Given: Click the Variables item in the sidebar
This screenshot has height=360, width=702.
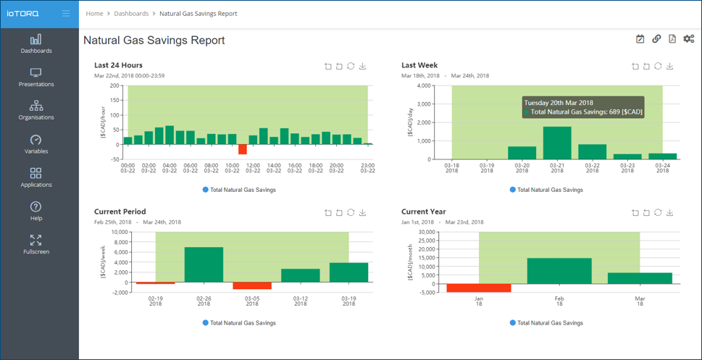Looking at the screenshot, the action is [x=35, y=144].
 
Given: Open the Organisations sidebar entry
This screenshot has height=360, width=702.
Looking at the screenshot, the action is [x=35, y=111].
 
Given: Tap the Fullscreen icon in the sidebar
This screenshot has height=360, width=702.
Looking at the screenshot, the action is [x=35, y=240].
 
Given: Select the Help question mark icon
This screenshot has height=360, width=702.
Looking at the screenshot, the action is [x=35, y=206].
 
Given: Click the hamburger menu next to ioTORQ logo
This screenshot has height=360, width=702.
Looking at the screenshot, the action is [x=66, y=14].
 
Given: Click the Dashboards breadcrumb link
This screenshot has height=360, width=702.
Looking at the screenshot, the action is [x=131, y=14].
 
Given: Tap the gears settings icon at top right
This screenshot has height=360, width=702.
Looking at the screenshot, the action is [x=688, y=39].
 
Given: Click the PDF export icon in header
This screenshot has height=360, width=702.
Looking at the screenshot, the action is [x=672, y=39].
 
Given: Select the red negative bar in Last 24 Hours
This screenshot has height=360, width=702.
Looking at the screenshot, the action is [x=243, y=149].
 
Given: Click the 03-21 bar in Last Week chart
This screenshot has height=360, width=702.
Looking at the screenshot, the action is [x=557, y=143].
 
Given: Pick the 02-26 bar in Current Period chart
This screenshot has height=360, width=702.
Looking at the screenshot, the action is [x=204, y=264].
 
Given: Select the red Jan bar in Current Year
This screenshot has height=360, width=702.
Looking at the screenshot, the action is [x=479, y=288].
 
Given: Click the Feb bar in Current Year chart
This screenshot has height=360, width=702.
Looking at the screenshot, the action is [x=559, y=271].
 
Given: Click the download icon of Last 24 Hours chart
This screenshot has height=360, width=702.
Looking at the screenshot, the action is [x=363, y=66].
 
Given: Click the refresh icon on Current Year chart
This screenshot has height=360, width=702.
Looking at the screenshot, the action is [x=658, y=213].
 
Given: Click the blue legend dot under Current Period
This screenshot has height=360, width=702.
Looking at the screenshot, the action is [x=206, y=322].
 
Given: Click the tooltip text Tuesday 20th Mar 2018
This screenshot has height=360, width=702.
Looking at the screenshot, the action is [x=559, y=103].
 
